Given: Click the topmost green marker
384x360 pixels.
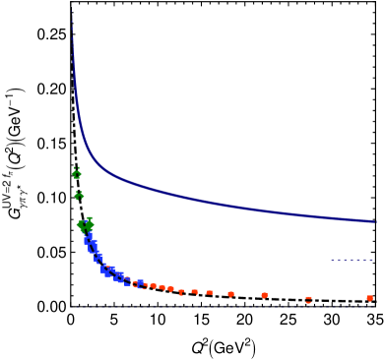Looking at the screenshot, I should point(77,174).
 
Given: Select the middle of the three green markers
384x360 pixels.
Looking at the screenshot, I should point(79,196).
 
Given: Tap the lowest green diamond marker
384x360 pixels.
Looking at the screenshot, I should point(86,225).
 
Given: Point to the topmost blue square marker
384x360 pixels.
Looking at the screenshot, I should point(89,238).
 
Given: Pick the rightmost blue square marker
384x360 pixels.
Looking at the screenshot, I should point(140,283).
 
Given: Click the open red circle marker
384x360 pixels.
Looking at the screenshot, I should point(136,284).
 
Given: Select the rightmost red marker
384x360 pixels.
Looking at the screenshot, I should point(369,298).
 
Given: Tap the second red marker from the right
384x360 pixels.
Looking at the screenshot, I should point(308,298).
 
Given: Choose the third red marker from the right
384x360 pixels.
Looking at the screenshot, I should point(264,295).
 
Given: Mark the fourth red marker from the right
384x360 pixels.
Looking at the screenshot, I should point(230,293).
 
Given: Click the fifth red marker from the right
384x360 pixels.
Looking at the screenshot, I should point(209,292).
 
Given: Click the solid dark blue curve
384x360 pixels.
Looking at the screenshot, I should point(197,200).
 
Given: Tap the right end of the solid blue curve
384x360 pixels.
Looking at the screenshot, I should point(376,221).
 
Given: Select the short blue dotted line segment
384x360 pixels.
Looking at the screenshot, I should point(352,260).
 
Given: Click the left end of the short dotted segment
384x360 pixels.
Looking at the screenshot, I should point(332,260).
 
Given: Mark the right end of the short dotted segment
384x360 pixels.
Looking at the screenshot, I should point(372,260).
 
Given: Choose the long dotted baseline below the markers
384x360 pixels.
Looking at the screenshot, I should point(222,306).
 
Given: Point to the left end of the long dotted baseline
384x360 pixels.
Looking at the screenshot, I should point(72,306).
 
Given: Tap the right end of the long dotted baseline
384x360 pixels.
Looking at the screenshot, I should point(373,306).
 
